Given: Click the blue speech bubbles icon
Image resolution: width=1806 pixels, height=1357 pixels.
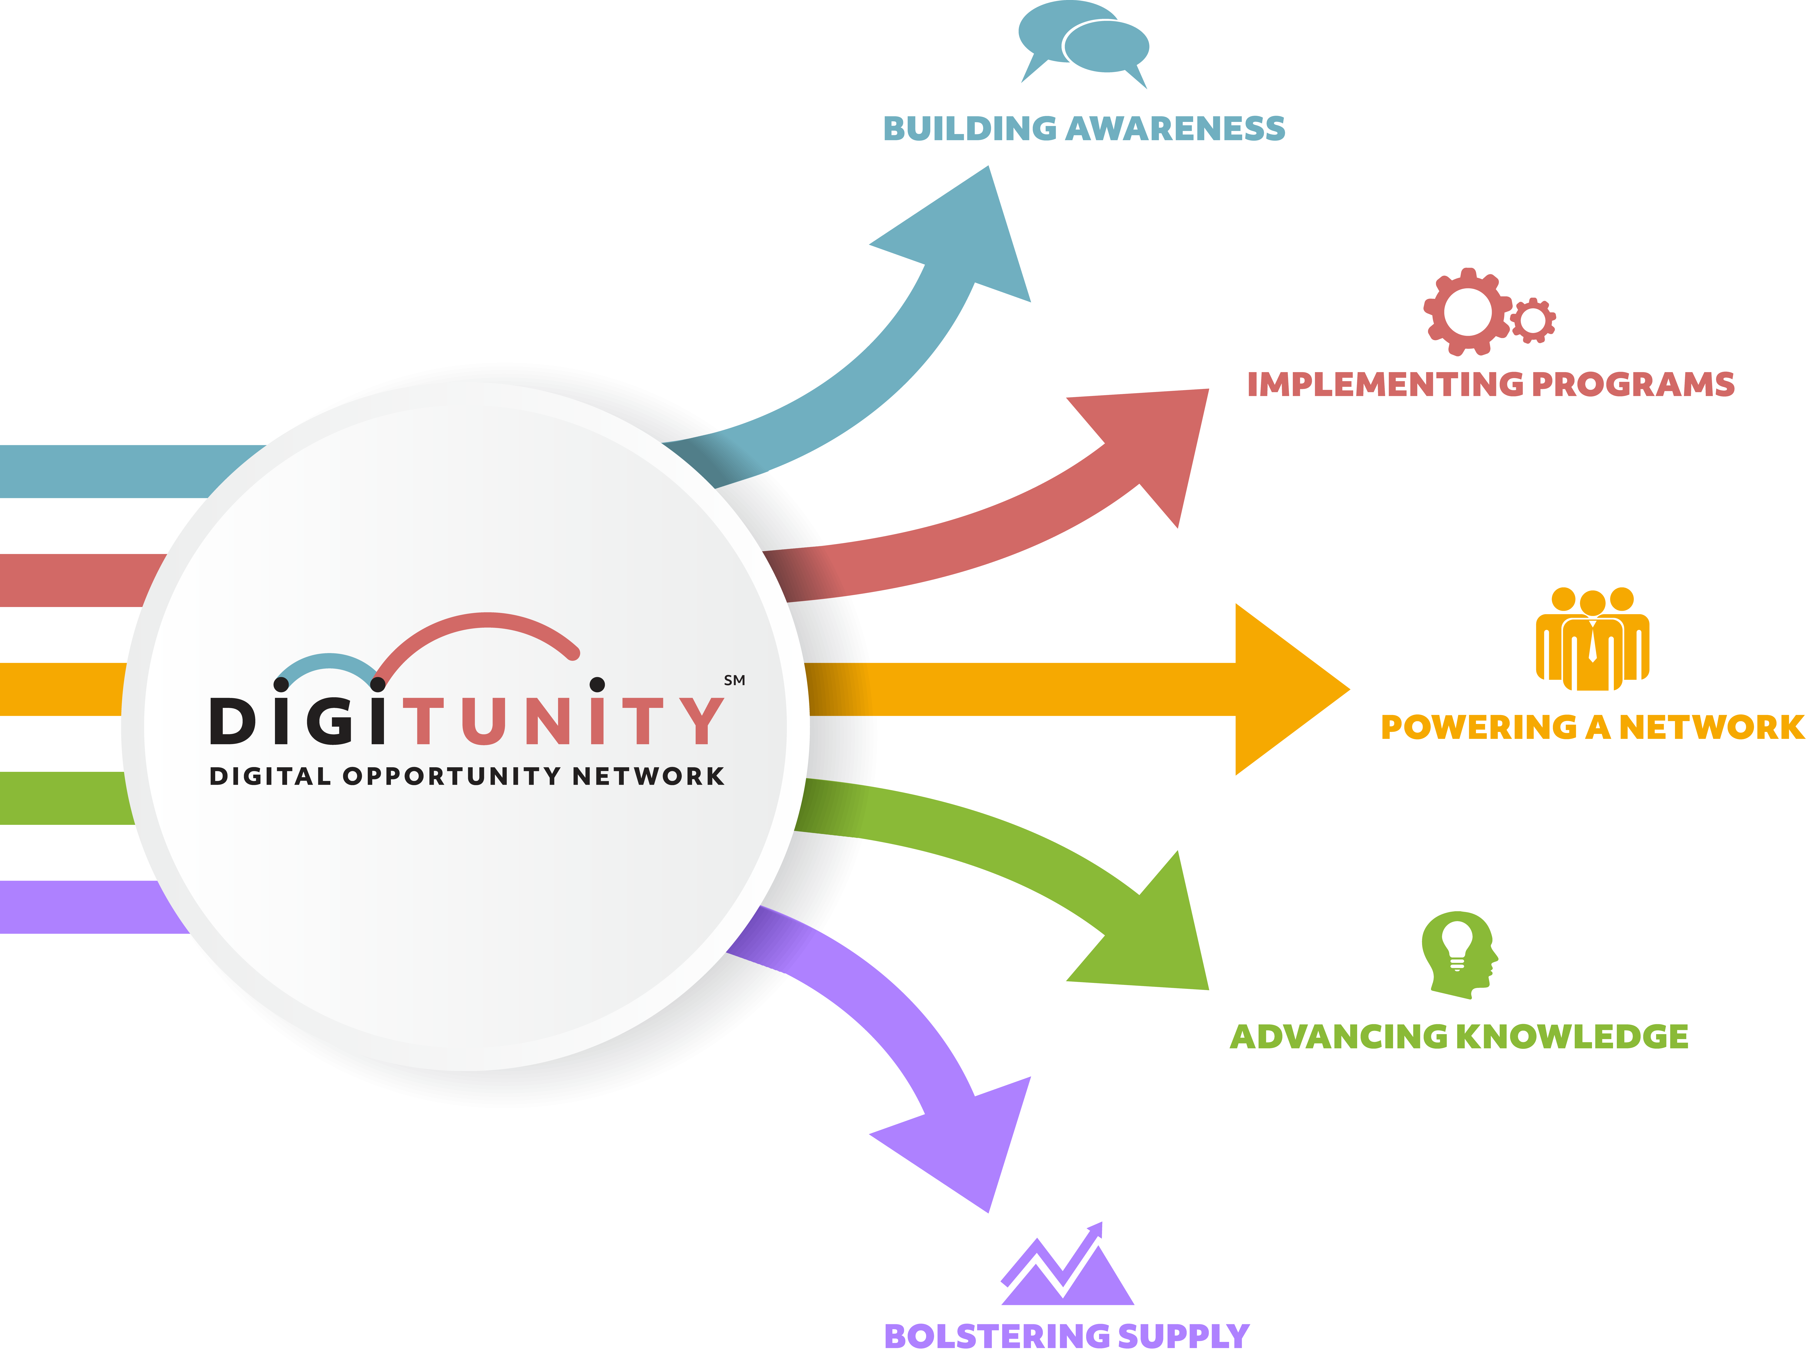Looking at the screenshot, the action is pyautogui.click(x=1083, y=42).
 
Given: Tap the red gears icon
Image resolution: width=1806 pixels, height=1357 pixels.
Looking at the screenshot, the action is pyautogui.click(x=1488, y=312).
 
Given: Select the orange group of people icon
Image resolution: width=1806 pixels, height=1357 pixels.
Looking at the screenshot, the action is pyautogui.click(x=1592, y=639).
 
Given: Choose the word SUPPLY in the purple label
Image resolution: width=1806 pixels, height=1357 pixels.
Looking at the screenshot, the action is pyautogui.click(x=1183, y=1337).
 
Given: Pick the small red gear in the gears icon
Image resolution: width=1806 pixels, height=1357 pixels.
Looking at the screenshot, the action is pyautogui.click(x=1532, y=320).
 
